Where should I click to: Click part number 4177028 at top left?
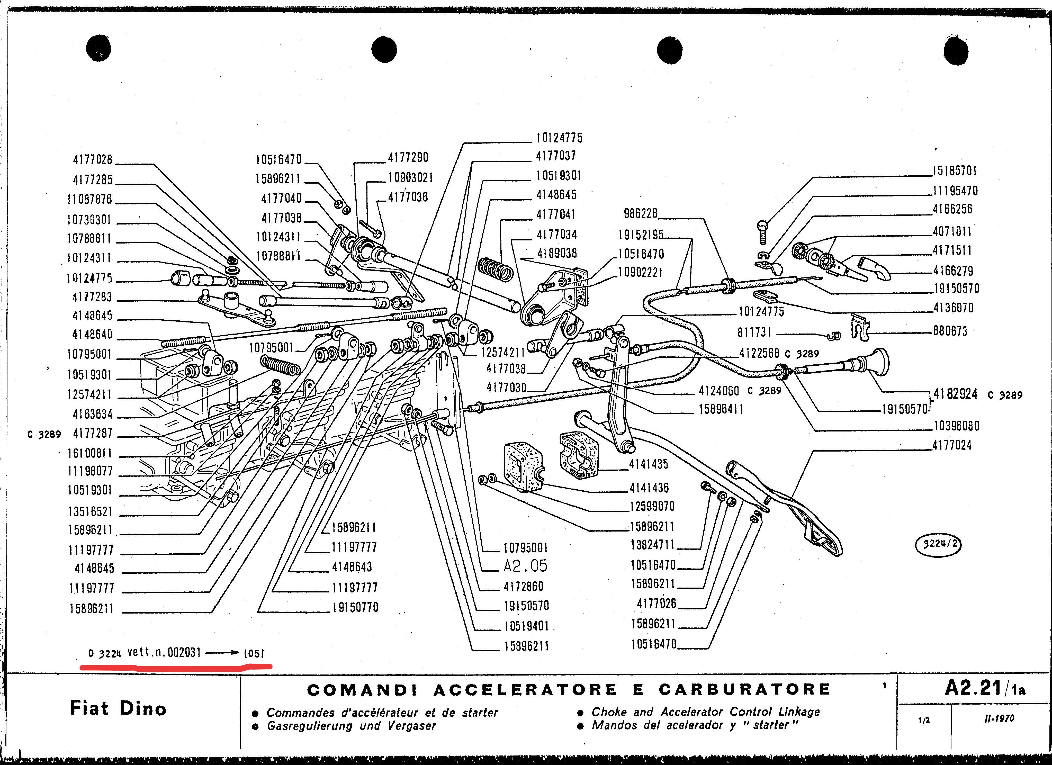tap(93, 160)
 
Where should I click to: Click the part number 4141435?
tap(649, 464)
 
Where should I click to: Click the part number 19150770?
tap(355, 607)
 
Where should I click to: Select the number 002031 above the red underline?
tap(184, 653)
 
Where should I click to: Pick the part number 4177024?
tap(951, 445)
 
